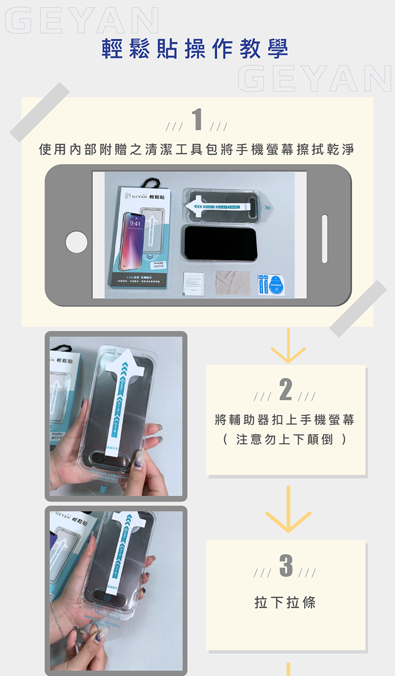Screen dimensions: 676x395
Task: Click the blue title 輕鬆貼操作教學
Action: pyautogui.click(x=195, y=50)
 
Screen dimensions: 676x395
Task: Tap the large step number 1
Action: pyautogui.click(x=197, y=120)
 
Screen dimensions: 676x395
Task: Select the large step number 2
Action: pyautogui.click(x=286, y=390)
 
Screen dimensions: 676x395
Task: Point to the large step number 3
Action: pyautogui.click(x=286, y=566)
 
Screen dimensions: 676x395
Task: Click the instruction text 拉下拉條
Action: pyautogui.click(x=286, y=602)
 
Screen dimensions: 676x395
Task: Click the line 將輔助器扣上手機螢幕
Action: pyautogui.click(x=286, y=420)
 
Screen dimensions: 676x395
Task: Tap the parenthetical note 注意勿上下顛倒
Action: pyautogui.click(x=286, y=439)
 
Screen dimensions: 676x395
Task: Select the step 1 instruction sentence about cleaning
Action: pyautogui.click(x=197, y=149)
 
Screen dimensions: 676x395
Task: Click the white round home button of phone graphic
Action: pyautogui.click(x=76, y=242)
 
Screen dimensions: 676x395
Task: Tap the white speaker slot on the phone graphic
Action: pyautogui.click(x=324, y=238)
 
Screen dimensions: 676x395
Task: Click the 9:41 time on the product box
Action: pyautogui.click(x=136, y=224)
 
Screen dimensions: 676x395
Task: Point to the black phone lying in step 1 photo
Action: pyautogui.click(x=219, y=243)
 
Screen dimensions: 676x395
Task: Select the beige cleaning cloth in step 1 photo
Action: pyautogui.click(x=232, y=283)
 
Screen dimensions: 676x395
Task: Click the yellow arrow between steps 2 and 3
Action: pyautogui.click(x=288, y=510)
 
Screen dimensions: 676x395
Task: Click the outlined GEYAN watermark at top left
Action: pyautogui.click(x=82, y=21)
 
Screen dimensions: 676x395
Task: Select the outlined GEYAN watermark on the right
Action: pyautogui.click(x=314, y=79)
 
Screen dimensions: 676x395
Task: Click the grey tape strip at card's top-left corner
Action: pyautogui.click(x=39, y=112)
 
